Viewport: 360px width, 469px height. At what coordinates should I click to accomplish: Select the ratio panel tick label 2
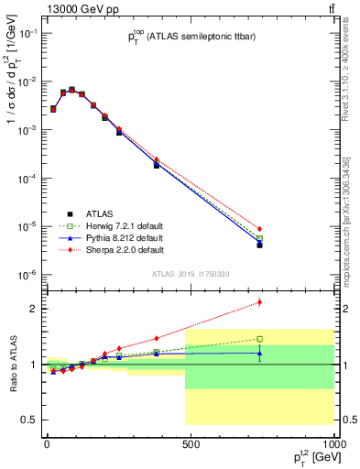[32, 309]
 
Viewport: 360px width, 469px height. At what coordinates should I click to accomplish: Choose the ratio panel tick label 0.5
[28, 420]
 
